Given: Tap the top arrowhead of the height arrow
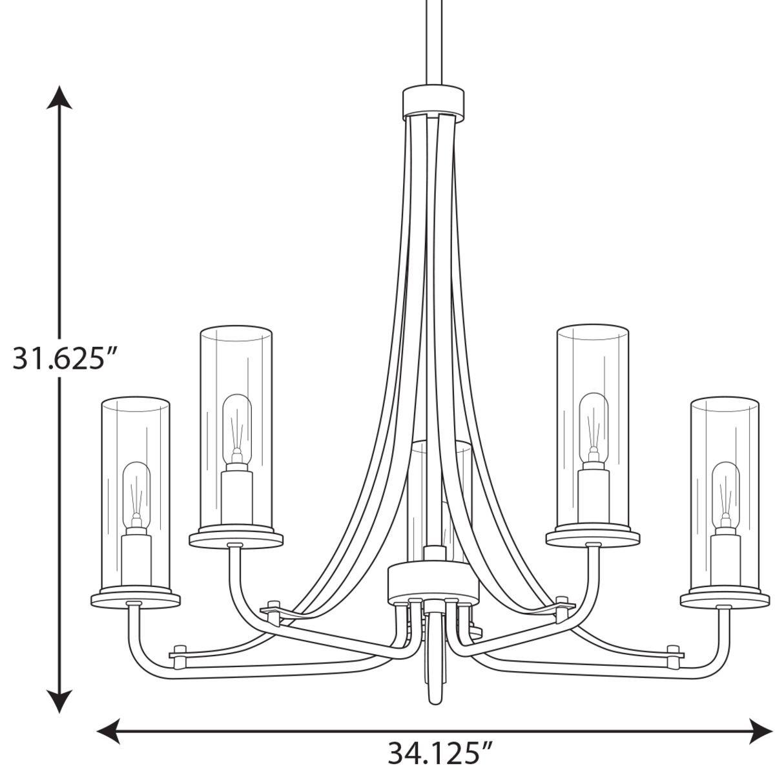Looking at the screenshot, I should [60, 97].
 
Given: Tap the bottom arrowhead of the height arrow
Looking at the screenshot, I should [60, 701].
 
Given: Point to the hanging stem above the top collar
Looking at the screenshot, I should [433, 39].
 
